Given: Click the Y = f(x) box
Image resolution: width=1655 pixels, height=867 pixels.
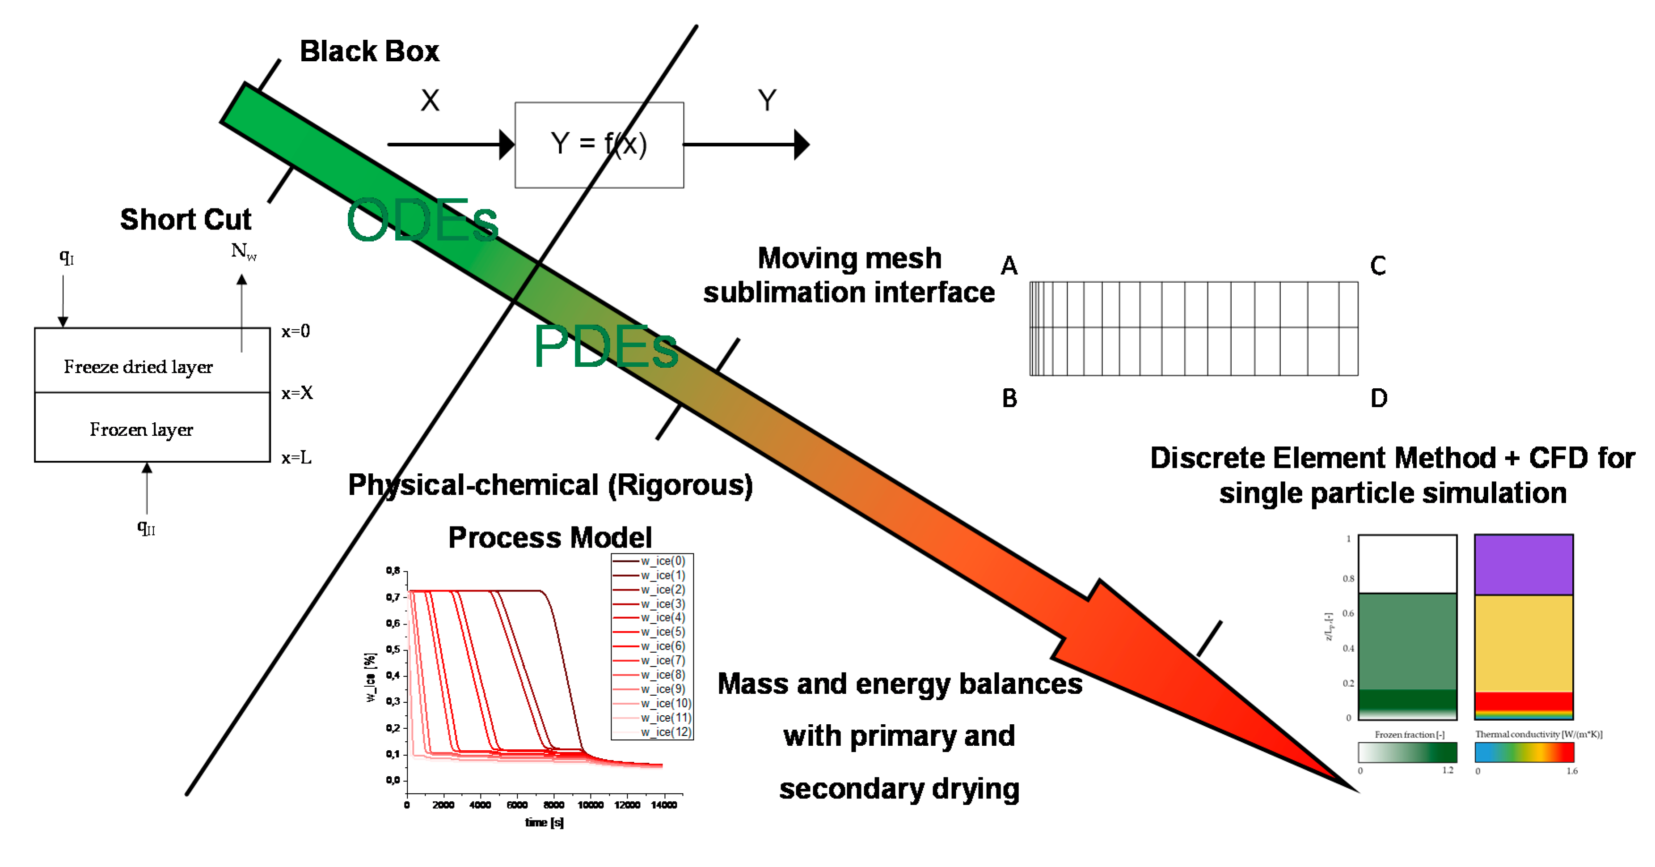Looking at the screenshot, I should point(598,144).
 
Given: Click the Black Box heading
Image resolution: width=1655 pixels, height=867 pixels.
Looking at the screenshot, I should point(369,51).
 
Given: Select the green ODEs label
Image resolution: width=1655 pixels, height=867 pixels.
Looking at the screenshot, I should point(422,221).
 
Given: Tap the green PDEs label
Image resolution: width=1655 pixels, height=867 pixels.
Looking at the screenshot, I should point(605,347).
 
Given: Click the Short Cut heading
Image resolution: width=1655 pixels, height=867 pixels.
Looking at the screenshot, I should point(185,219).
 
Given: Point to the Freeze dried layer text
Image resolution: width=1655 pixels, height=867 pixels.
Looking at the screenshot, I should point(138,366).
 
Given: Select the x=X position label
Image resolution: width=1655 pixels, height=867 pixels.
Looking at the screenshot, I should point(297,393).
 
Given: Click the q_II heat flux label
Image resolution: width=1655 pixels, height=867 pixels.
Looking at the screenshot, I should point(146,527).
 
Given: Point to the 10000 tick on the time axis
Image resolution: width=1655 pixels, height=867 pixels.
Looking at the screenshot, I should point(590,805).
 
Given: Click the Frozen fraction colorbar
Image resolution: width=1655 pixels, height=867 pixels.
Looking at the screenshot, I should point(1407,752).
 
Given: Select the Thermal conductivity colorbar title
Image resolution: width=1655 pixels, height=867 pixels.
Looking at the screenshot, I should point(1538,734).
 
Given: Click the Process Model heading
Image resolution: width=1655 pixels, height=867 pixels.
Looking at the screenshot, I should point(549,537).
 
